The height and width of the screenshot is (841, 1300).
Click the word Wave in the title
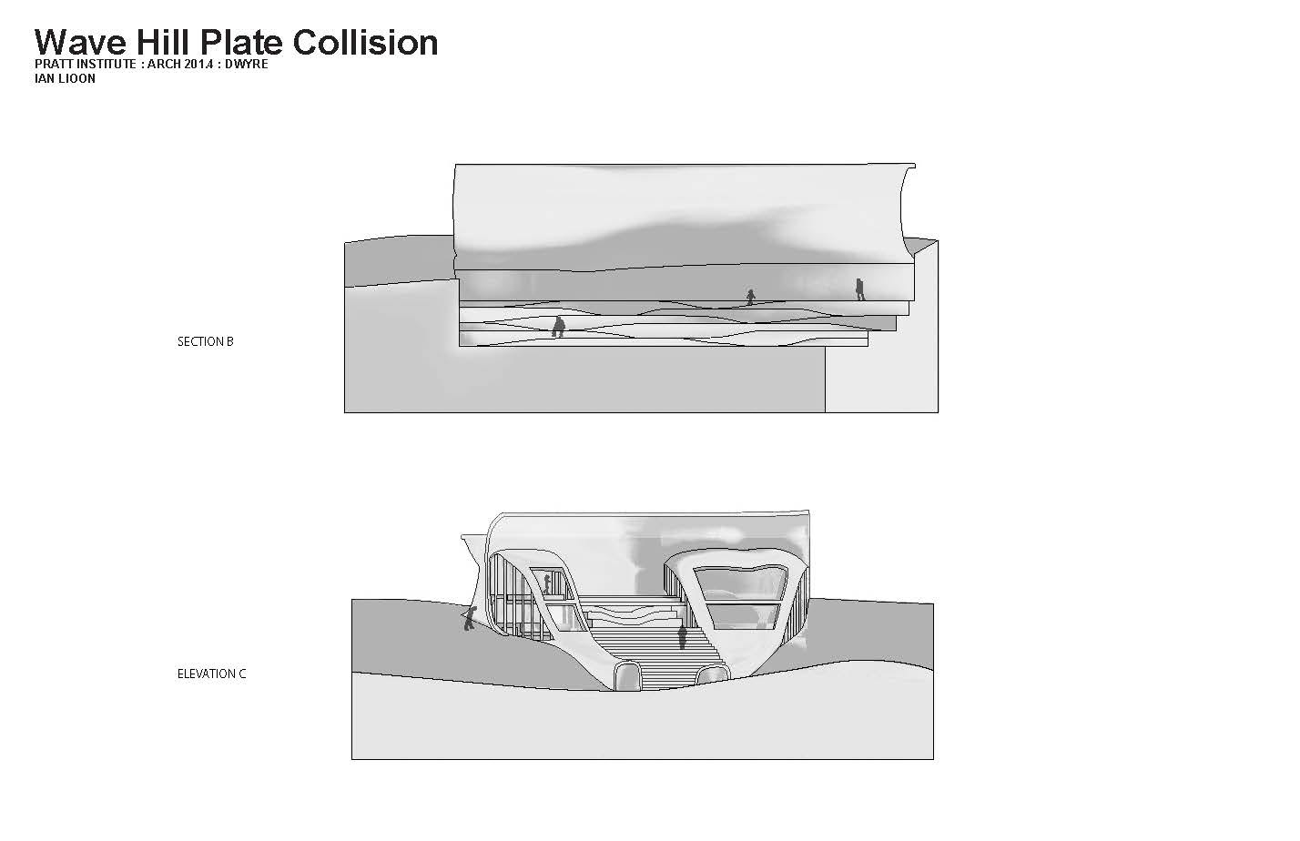(81, 42)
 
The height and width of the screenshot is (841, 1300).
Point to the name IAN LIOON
(65, 78)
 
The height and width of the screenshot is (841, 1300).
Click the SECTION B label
(205, 341)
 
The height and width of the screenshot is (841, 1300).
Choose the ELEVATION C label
(211, 674)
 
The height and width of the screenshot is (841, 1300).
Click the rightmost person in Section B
(859, 289)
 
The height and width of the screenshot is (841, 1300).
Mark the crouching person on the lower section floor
(558, 327)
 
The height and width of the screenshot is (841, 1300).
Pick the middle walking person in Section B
(750, 297)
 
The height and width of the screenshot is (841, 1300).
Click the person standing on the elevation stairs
(682, 635)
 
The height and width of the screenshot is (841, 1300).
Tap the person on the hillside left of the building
(469, 620)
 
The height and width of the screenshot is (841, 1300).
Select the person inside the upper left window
(547, 583)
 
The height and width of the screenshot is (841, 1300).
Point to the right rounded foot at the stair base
(712, 674)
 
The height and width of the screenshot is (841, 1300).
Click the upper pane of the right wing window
(741, 583)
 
